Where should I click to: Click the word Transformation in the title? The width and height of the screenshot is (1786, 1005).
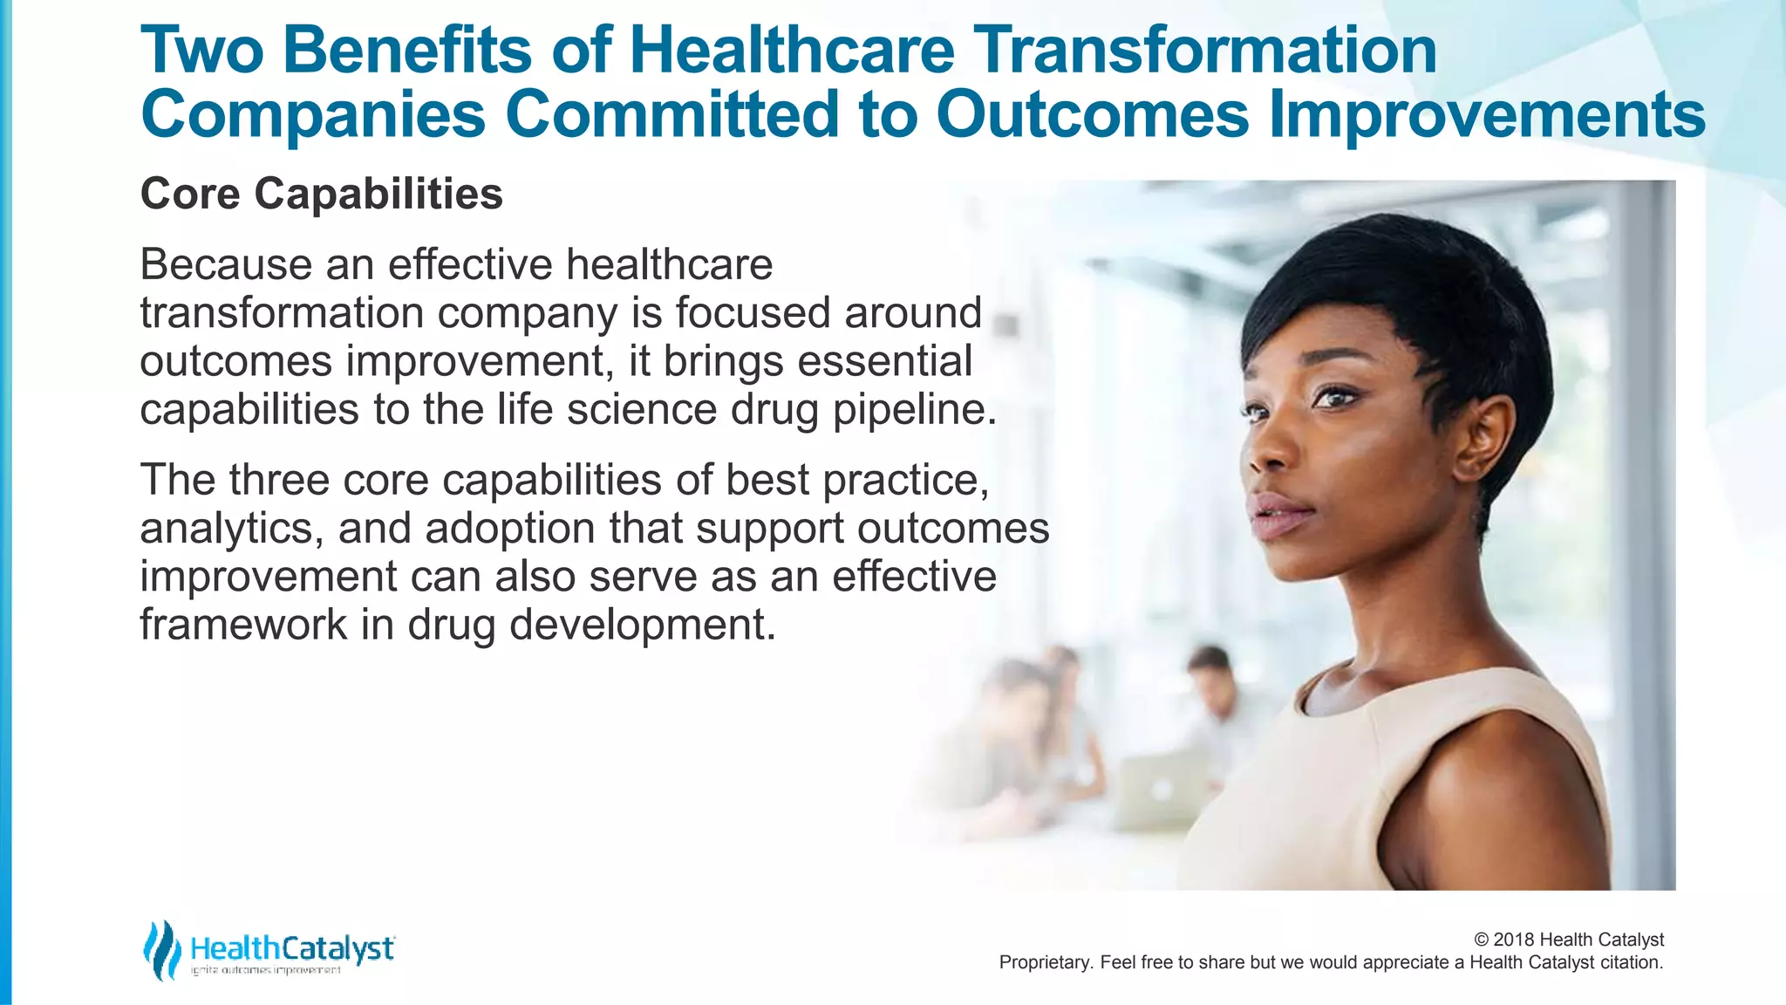pyautogui.click(x=1204, y=50)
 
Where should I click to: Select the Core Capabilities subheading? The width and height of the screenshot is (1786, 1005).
pyautogui.click(x=321, y=194)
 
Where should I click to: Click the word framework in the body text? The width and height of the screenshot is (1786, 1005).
pyautogui.click(x=243, y=625)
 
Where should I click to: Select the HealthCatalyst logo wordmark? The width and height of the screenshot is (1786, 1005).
pyautogui.click(x=292, y=948)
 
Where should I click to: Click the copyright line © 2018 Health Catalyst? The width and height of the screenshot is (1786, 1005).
pyautogui.click(x=1568, y=940)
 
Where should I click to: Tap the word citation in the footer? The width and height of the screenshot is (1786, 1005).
pyautogui.click(x=1631, y=963)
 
